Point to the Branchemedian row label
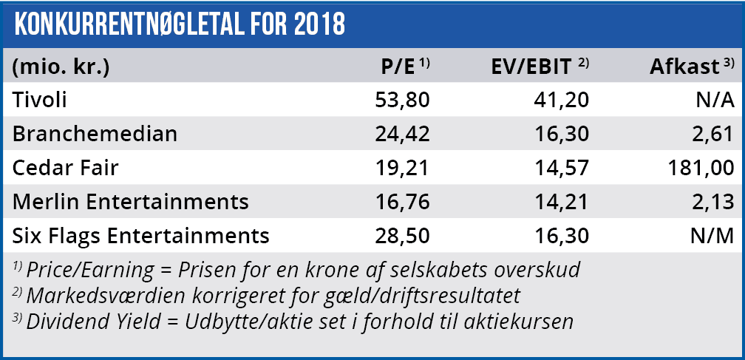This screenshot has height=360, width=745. point(95,135)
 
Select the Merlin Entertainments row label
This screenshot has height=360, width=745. point(131,202)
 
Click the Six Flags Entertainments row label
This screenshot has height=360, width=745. point(140,236)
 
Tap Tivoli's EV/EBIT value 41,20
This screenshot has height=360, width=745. point(562,101)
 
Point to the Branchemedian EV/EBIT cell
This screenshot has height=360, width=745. point(562,135)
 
